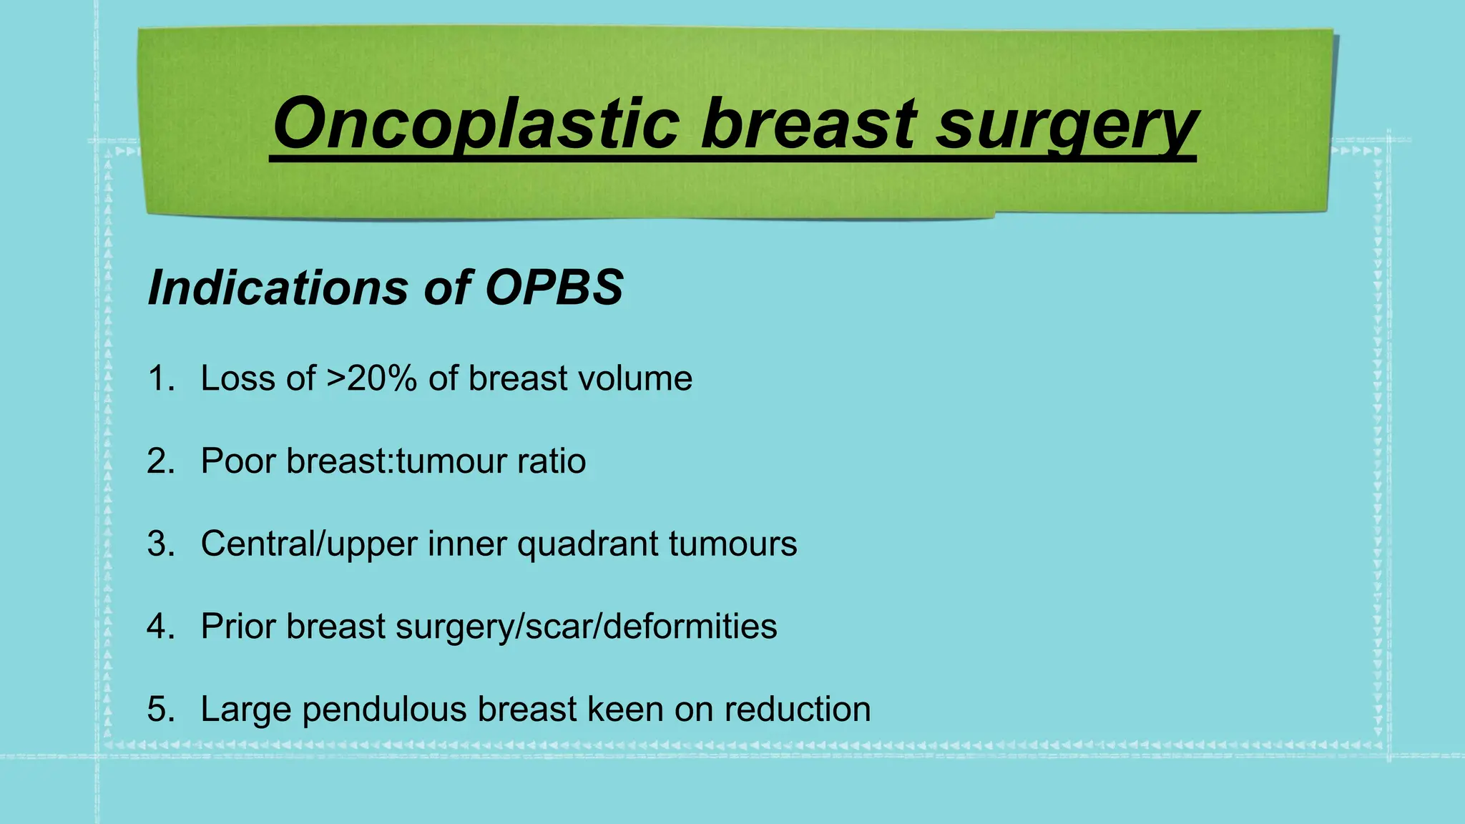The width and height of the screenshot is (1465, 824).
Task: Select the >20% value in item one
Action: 372,378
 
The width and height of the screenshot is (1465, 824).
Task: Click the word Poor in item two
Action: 238,461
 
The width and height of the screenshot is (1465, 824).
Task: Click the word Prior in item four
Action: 238,627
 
